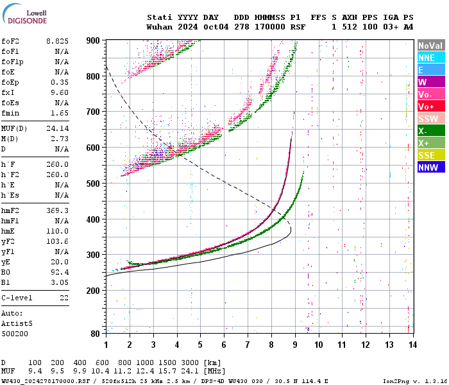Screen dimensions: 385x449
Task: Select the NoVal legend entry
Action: coord(430,46)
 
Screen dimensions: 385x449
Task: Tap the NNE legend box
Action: coord(430,58)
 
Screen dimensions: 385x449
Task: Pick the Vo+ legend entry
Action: coord(430,107)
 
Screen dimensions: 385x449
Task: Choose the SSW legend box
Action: coord(430,119)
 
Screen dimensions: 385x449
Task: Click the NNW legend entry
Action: coord(430,167)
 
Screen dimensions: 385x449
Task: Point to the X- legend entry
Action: coord(430,131)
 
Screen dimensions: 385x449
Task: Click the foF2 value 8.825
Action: coord(57,41)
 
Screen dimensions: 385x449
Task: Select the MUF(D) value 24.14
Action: coord(57,127)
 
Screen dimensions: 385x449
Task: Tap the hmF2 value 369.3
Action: coord(57,210)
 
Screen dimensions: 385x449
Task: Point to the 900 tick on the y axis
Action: coord(93,40)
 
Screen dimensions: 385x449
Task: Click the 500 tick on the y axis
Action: coord(93,184)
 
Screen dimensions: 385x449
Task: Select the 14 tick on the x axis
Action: coord(412,345)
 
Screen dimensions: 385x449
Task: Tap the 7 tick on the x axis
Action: coord(247,345)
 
